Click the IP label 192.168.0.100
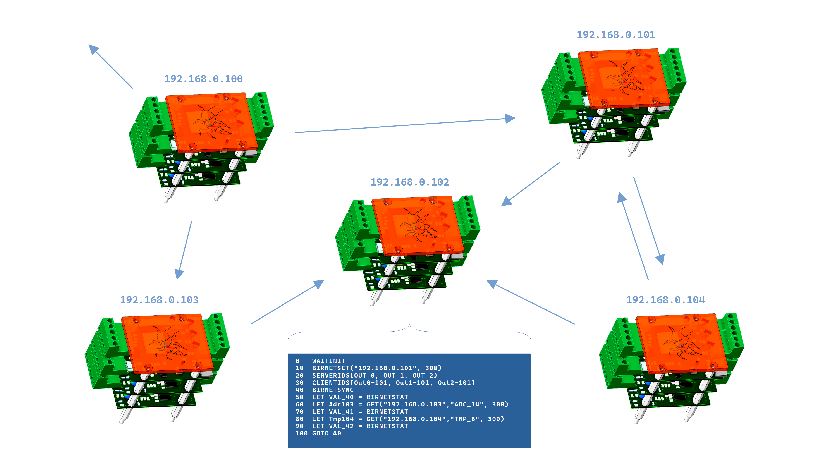(x=203, y=79)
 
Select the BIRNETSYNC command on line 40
(x=333, y=390)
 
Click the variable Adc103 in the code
(x=341, y=404)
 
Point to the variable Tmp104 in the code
(x=341, y=419)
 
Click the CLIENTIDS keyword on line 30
(x=330, y=382)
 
